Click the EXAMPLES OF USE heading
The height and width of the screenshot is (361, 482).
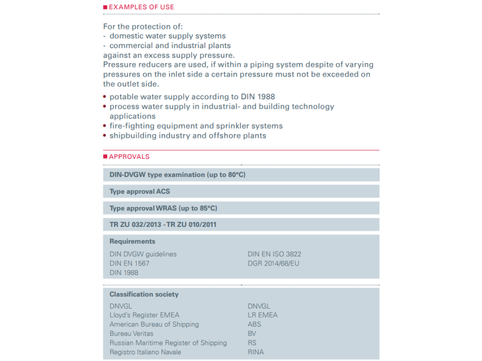click(141, 7)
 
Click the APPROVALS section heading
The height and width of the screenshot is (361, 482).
click(128, 156)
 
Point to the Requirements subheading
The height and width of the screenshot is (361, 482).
click(132, 241)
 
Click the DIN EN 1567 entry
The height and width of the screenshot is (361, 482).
click(130, 264)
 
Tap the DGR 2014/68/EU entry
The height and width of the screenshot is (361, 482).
click(273, 264)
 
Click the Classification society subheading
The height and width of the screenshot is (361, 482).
click(144, 294)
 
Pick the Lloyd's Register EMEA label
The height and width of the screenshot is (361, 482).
click(145, 315)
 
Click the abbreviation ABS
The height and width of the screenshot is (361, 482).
click(254, 324)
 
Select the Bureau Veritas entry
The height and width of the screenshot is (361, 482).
click(131, 333)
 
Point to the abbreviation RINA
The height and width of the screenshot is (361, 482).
click(255, 352)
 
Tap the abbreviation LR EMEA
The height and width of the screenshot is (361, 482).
click(263, 315)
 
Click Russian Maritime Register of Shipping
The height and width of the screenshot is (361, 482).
click(168, 343)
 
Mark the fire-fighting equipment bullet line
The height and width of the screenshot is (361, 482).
click(196, 126)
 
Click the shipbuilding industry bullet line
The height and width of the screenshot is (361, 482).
click(187, 135)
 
